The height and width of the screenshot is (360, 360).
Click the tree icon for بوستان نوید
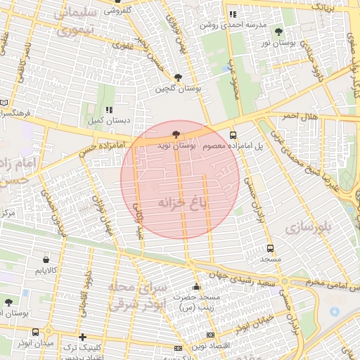pyautogui.click(x=176, y=134)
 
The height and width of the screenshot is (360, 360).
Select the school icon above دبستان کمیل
pyautogui.click(x=108, y=110)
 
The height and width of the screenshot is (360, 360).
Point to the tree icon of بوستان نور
pyautogui.click(x=279, y=32)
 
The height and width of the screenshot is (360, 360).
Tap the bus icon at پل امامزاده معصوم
pyautogui.click(x=233, y=136)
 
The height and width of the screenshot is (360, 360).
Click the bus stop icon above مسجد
pyautogui.click(x=271, y=248)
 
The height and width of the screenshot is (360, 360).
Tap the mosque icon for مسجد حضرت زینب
pyautogui.click(x=196, y=286)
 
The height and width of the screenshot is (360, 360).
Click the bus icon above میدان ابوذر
pyautogui.click(x=35, y=332)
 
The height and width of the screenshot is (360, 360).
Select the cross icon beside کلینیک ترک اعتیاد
pyautogui.click(x=83, y=337)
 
